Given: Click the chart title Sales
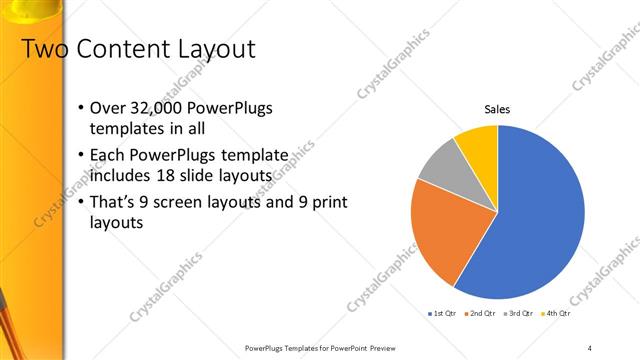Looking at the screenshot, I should pyautogui.click(x=497, y=109).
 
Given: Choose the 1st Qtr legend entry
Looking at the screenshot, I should pyautogui.click(x=444, y=314).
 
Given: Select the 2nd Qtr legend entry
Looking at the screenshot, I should pyautogui.click(x=482, y=314).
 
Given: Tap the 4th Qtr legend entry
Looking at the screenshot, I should pyautogui.click(x=557, y=314).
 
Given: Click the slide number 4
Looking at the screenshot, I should pyautogui.click(x=589, y=347).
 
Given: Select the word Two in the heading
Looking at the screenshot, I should pyautogui.click(x=41, y=48).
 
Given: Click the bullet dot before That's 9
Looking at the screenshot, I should pyautogui.click(x=80, y=203).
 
